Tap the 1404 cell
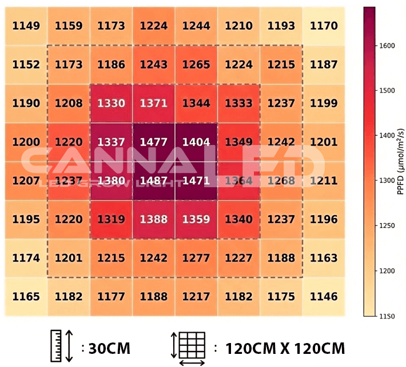click(x=197, y=142)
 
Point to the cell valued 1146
click(x=324, y=296)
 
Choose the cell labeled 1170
click(x=324, y=26)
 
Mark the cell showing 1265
click(x=197, y=64)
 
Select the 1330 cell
click(x=112, y=103)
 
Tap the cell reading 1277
click(x=197, y=257)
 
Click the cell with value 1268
click(x=281, y=181)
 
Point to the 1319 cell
click(x=112, y=219)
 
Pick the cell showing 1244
click(x=197, y=26)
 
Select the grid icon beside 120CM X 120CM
click(x=192, y=346)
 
